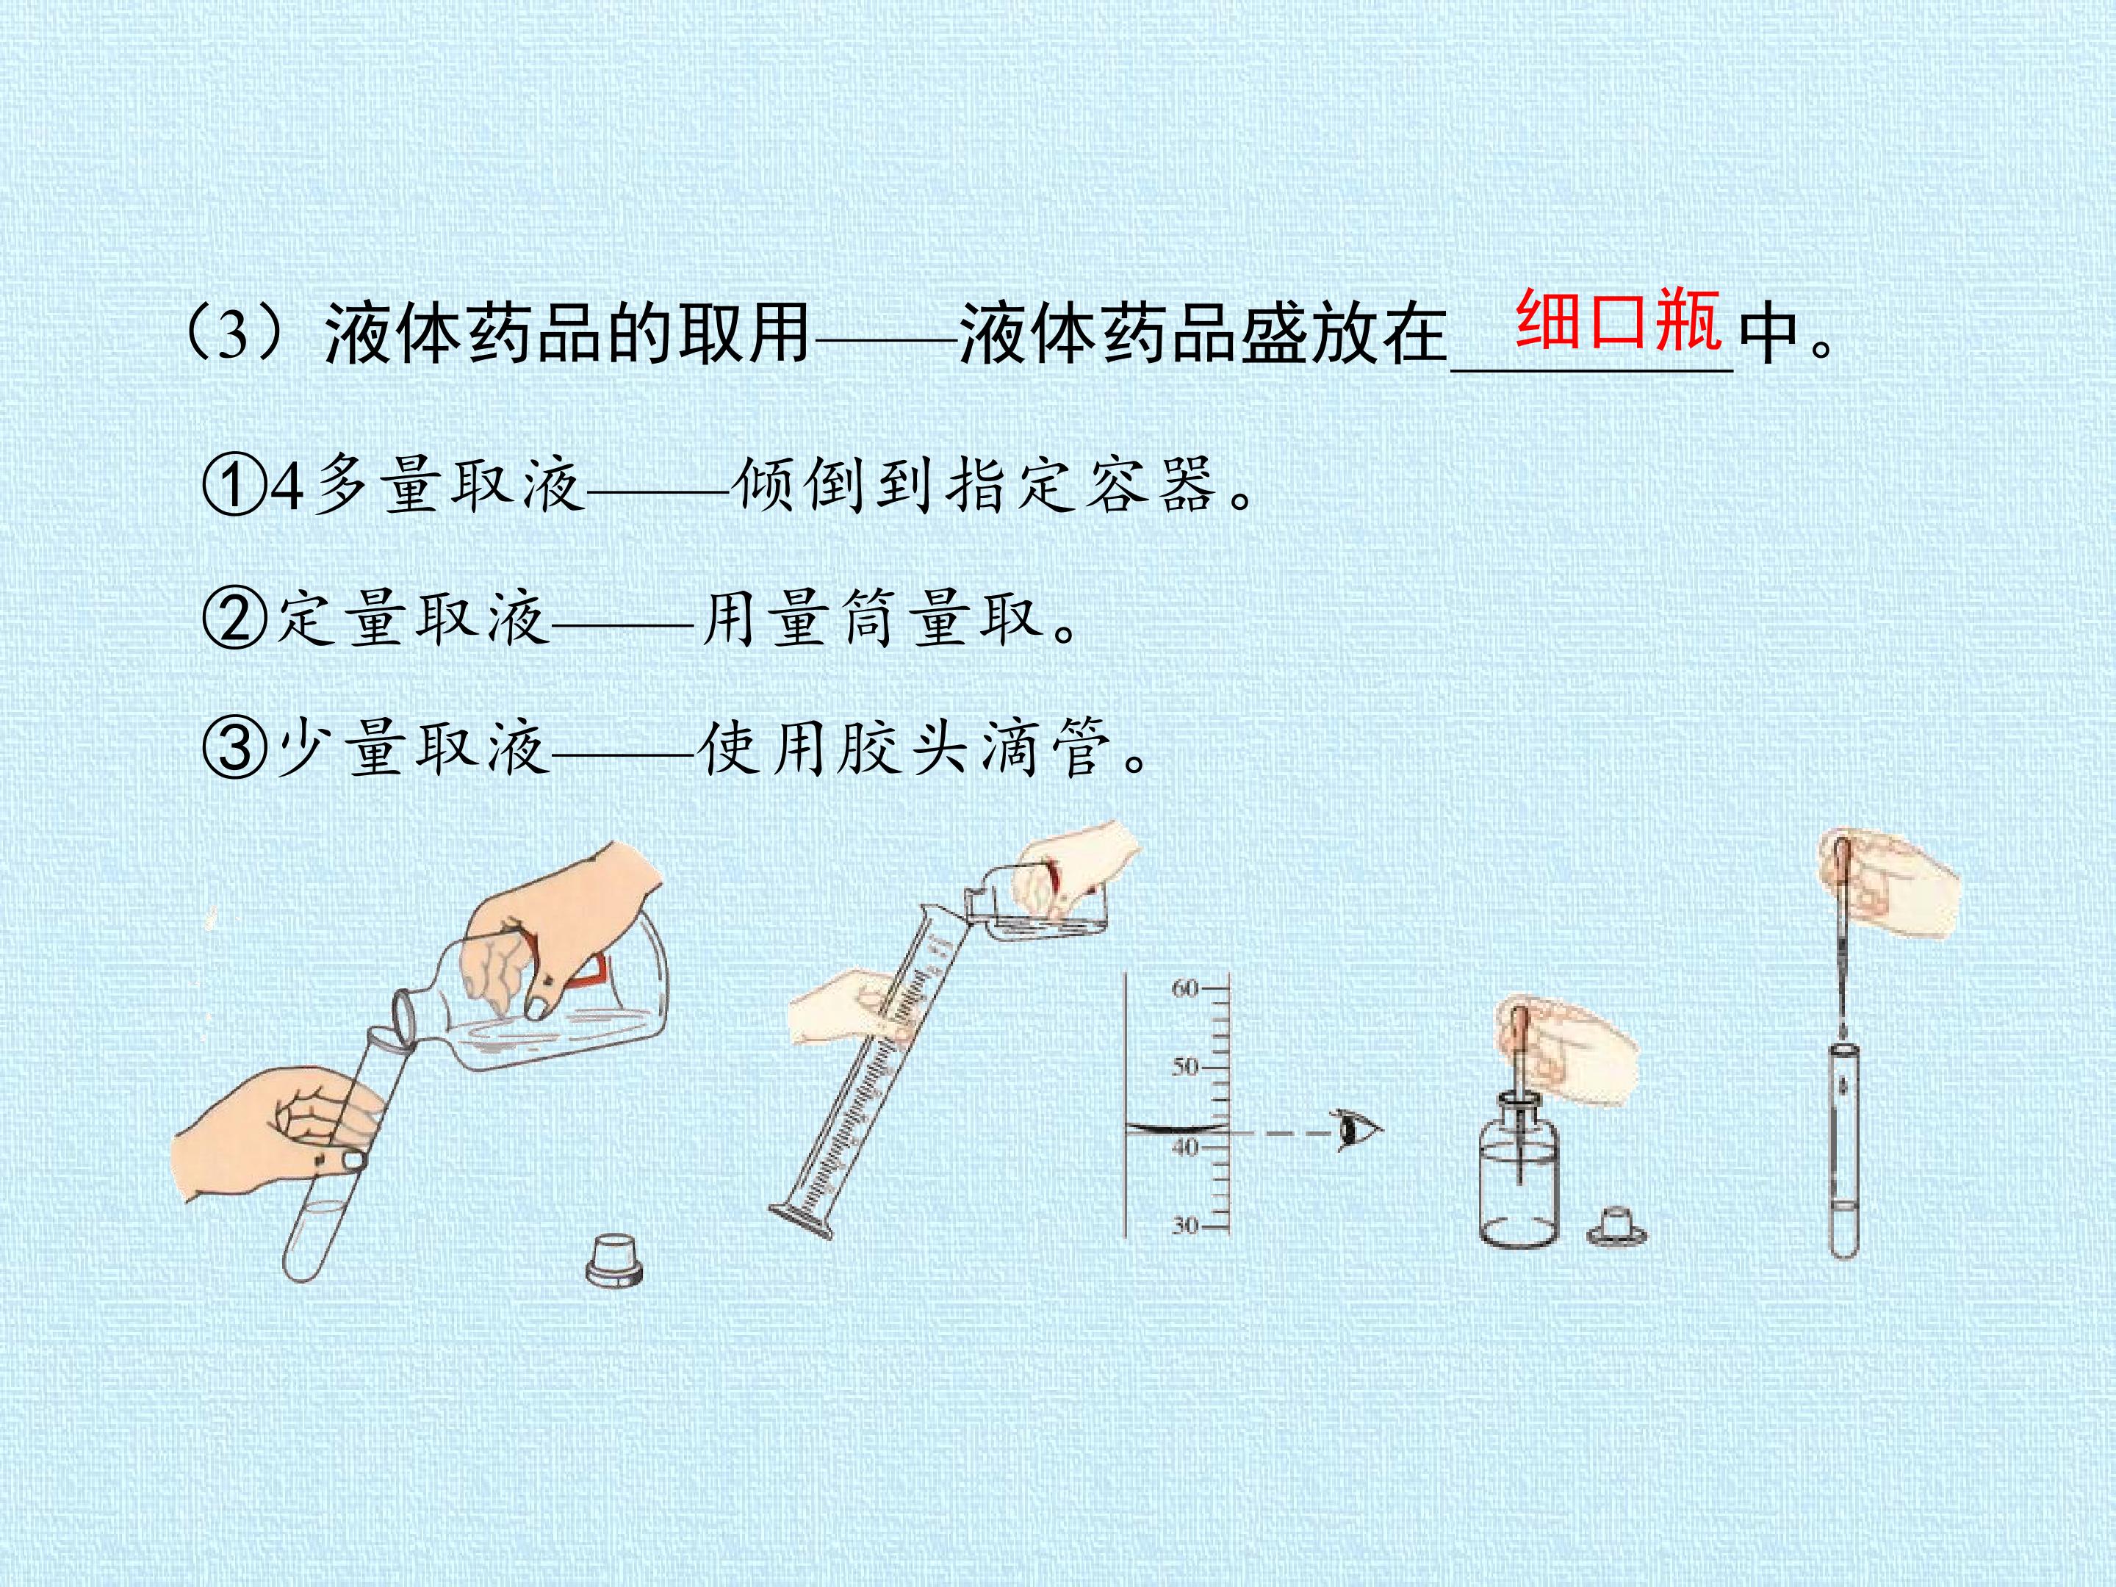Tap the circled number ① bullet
pyautogui.click(x=232, y=486)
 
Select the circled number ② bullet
pyautogui.click(x=232, y=618)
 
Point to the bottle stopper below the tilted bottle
pyautogui.click(x=614, y=1259)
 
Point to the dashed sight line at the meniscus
pyautogui.click(x=1282, y=1134)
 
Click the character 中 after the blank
pyautogui.click(x=1768, y=335)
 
